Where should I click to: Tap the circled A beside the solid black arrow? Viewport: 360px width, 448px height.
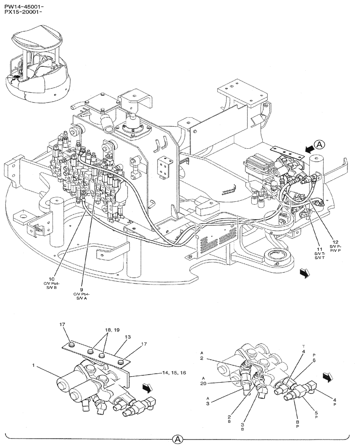click(x=319, y=144)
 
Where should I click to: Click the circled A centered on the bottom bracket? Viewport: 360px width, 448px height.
click(x=178, y=439)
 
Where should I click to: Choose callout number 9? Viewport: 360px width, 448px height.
click(x=82, y=289)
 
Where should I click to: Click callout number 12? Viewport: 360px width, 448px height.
click(x=336, y=242)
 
